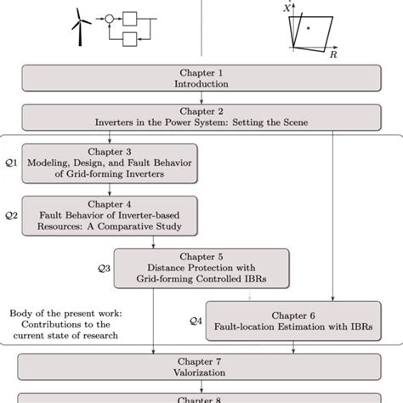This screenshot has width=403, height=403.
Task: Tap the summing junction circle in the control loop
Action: click(109, 16)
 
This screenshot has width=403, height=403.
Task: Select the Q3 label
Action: click(104, 268)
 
